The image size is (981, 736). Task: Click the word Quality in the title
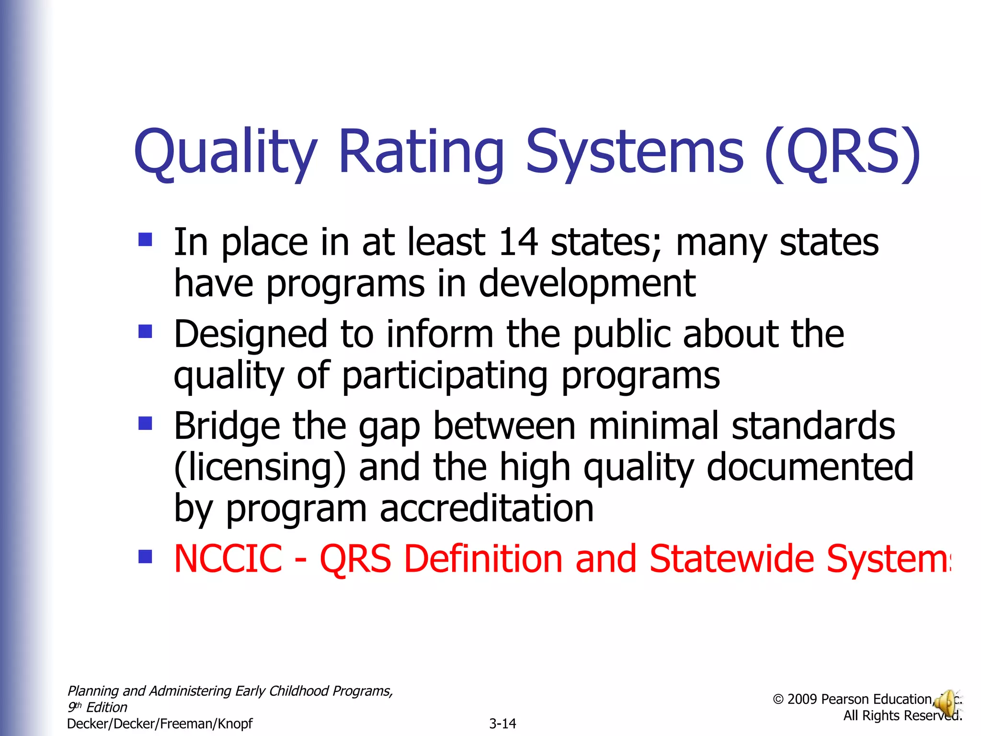(x=225, y=152)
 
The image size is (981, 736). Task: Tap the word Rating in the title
(x=421, y=152)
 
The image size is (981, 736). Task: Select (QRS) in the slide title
(x=842, y=152)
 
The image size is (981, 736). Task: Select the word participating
(x=445, y=376)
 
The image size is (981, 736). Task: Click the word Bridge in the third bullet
(x=227, y=426)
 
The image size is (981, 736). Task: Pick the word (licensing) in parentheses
(x=260, y=467)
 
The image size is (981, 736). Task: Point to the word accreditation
(x=487, y=508)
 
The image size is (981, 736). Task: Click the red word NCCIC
(x=228, y=559)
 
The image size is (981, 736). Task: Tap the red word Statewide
(x=732, y=559)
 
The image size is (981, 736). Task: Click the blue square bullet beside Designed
(x=145, y=331)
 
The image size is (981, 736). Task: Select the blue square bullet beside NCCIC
(x=145, y=556)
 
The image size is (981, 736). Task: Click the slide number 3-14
(x=502, y=724)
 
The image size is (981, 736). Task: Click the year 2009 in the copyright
(x=802, y=700)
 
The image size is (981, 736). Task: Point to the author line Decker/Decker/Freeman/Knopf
(x=160, y=724)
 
